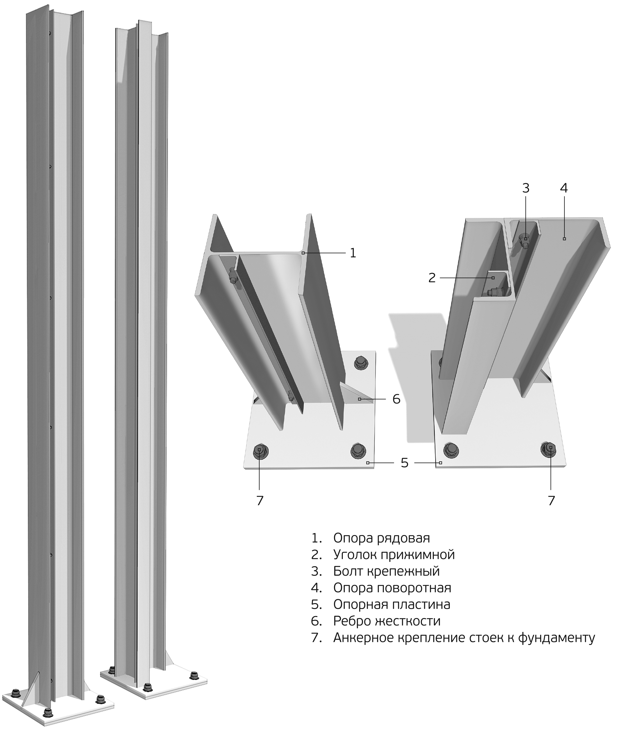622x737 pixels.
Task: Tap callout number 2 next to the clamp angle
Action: click(x=432, y=278)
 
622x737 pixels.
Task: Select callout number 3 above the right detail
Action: click(x=526, y=188)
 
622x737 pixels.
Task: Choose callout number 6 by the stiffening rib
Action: click(x=396, y=399)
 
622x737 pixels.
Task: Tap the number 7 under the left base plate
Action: click(x=260, y=500)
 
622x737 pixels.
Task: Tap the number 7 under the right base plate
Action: click(x=551, y=500)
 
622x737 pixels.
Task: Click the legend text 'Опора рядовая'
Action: click(x=382, y=538)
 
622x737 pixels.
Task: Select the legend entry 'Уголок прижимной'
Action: click(x=394, y=555)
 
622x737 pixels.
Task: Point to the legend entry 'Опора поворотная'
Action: click(x=392, y=588)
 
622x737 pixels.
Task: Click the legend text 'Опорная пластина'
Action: click(x=392, y=604)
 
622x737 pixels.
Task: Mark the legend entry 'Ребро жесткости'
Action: click(x=387, y=621)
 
